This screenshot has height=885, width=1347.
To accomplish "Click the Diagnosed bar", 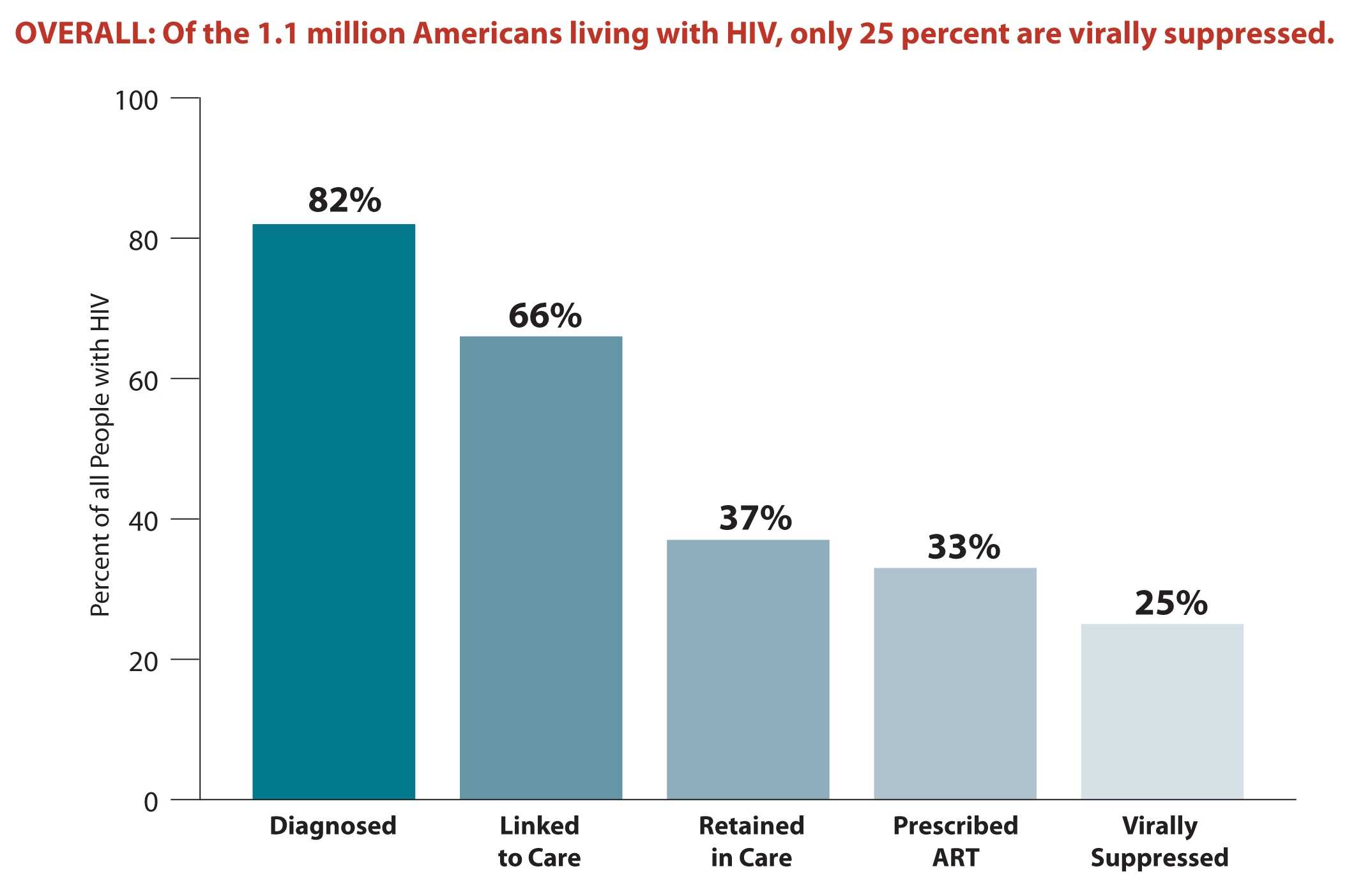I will (333, 511).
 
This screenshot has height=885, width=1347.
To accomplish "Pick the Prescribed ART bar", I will (955, 683).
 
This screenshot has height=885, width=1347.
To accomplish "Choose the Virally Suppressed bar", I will (1162, 711).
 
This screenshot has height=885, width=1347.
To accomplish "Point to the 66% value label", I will (545, 315).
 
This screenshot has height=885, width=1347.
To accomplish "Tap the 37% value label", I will (755, 518).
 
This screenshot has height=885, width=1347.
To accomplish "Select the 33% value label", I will (963, 547).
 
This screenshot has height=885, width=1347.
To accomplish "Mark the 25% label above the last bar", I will (1171, 603).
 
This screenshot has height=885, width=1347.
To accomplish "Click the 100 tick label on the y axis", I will (136, 100).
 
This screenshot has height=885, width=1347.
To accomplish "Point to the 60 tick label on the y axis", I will (143, 381).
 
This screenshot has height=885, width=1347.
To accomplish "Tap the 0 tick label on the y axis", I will (151, 802).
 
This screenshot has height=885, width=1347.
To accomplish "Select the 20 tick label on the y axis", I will (143, 662).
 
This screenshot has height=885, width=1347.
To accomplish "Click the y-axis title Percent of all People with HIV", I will (100, 455).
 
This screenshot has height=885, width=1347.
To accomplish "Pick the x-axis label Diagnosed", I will (333, 826).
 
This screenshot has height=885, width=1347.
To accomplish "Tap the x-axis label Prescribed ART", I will (955, 842).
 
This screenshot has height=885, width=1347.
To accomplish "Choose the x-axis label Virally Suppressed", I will (1159, 842).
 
